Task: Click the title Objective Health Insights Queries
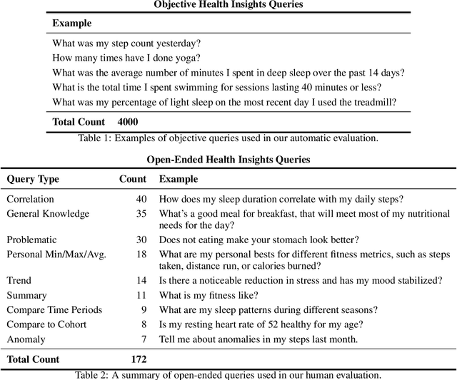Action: pyautogui.click(x=228, y=4)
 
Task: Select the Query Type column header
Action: pyautogui.click(x=33, y=179)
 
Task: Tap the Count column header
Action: pyautogui.click(x=132, y=179)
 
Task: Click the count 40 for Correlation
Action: pyautogui.click(x=140, y=199)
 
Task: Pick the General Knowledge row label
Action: pyautogui.click(x=48, y=213)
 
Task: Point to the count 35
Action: pyautogui.click(x=140, y=213)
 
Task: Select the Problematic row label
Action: pyautogui.click(x=31, y=240)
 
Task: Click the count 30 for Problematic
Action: pyautogui.click(x=140, y=240)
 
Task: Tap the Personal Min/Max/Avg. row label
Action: pyautogui.click(x=56, y=254)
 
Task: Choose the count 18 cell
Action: pyautogui.click(x=140, y=254)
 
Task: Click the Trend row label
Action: pyautogui.click(x=19, y=281)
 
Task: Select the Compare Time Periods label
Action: pyautogui.click(x=54, y=309)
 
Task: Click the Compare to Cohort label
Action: pyautogui.click(x=47, y=324)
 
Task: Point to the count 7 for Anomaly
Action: pyautogui.click(x=143, y=339)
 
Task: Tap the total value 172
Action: pyautogui.click(x=139, y=359)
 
